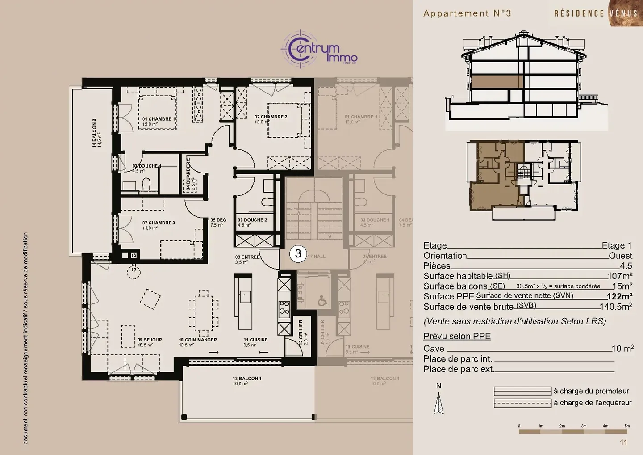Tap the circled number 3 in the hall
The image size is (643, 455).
pyautogui.click(x=298, y=254)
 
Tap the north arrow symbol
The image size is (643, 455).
pyautogui.click(x=439, y=402)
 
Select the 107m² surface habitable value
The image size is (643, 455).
pyautogui.click(x=619, y=276)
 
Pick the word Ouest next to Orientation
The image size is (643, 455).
pyautogui.click(x=620, y=256)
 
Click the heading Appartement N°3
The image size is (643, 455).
pyautogui.click(x=467, y=13)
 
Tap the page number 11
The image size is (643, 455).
pyautogui.click(x=623, y=442)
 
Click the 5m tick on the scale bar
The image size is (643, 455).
pyautogui.click(x=627, y=426)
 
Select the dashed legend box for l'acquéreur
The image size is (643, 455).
pyautogui.click(x=522, y=403)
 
